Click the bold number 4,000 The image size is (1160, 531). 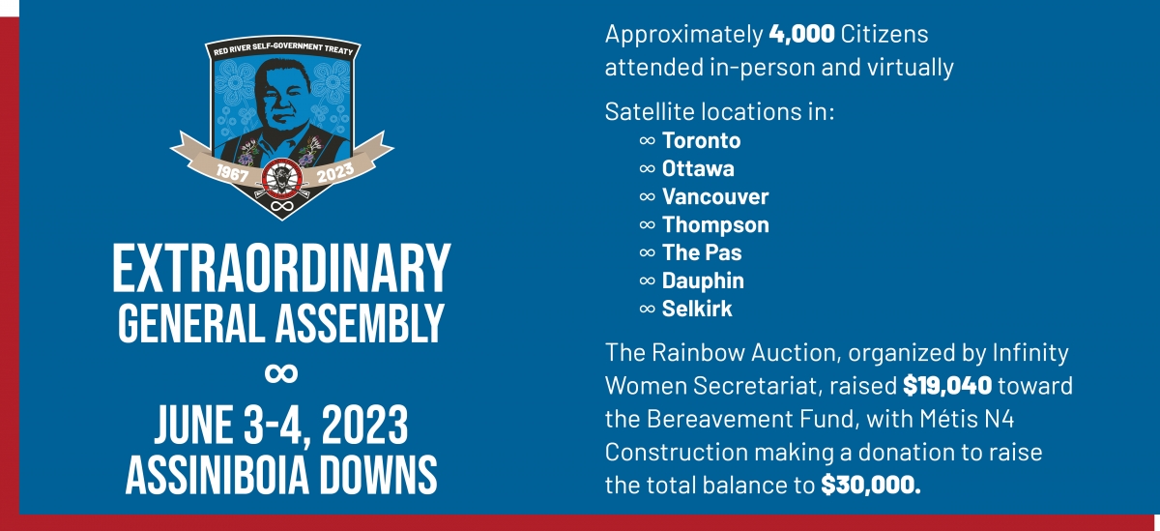click(x=801, y=34)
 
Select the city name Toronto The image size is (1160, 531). click(x=701, y=140)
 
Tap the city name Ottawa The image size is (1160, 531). click(x=698, y=168)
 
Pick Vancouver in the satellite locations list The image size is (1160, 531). click(x=715, y=196)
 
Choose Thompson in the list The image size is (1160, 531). click(x=715, y=224)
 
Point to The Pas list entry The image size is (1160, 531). click(x=702, y=252)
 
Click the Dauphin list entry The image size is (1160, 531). click(x=703, y=280)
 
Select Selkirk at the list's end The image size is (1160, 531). click(x=697, y=309)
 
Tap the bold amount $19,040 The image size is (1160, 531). click(x=947, y=386)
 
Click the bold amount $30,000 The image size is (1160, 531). click(x=871, y=486)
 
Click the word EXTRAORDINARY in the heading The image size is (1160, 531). click(x=281, y=269)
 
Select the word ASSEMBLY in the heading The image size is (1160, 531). click(x=360, y=323)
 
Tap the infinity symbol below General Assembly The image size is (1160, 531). click(x=281, y=373)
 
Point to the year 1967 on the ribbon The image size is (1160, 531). click(x=232, y=172)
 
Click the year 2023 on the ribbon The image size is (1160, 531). click(x=335, y=172)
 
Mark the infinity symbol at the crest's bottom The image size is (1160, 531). click(x=282, y=206)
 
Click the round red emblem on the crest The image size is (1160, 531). click(x=281, y=179)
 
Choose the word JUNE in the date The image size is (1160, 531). click(x=194, y=426)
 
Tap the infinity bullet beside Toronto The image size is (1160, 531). click(x=648, y=141)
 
